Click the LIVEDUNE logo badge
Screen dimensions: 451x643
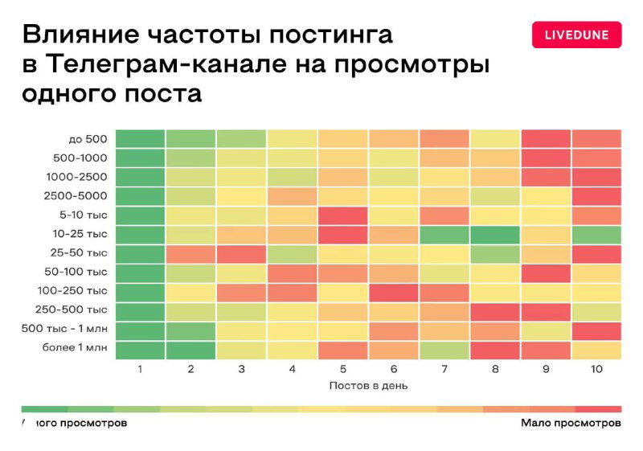coord(576,35)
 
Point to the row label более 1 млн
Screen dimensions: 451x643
coord(75,348)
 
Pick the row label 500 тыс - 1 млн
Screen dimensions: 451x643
coord(65,329)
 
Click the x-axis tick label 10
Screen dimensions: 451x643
coord(596,369)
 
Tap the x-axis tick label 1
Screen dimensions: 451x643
coord(140,369)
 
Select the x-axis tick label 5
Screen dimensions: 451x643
coord(342,369)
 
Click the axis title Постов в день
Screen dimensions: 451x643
coord(368,385)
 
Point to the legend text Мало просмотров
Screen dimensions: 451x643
coord(571,422)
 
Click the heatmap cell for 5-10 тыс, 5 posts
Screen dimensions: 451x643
coord(342,215)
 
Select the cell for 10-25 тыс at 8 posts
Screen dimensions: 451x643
coord(494,235)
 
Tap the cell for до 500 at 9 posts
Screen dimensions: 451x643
coord(545,138)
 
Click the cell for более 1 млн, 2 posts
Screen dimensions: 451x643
coord(190,350)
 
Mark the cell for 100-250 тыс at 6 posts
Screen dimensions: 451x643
coord(393,291)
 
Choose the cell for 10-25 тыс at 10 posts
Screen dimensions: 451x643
coord(596,235)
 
